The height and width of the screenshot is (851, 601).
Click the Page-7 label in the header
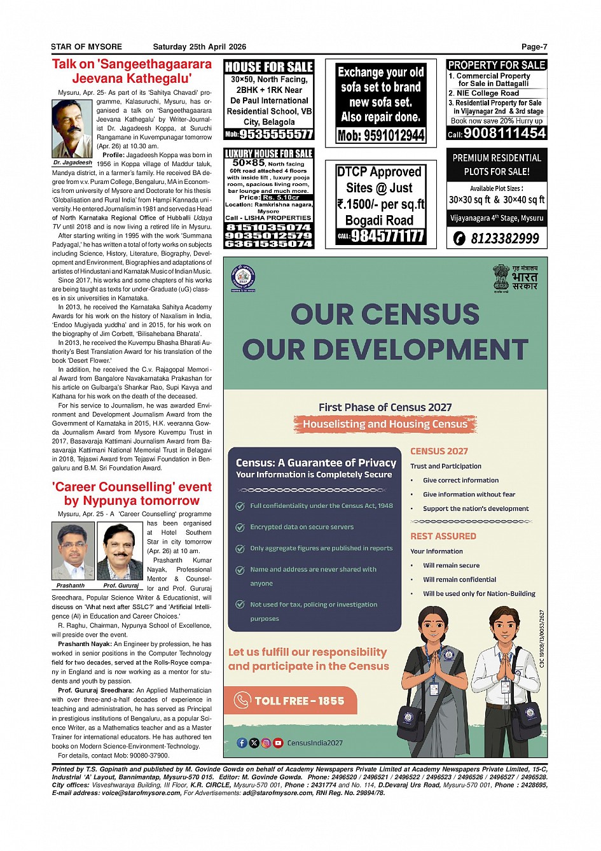pyautogui.click(x=534, y=46)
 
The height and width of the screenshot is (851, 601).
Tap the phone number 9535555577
pyautogui.click(x=276, y=134)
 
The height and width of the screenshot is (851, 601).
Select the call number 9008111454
pyautogui.click(x=504, y=133)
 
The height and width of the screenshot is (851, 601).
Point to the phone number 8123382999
pyautogui.click(x=504, y=239)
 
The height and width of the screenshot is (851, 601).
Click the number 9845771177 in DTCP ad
pyautogui.click(x=388, y=236)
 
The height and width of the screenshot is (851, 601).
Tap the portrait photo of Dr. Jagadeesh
pyautogui.click(x=72, y=129)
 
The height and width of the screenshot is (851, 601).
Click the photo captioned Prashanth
pyautogui.click(x=72, y=551)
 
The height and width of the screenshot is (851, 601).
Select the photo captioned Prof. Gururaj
pyautogui.click(x=120, y=551)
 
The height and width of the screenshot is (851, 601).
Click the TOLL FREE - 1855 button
pyautogui.click(x=294, y=701)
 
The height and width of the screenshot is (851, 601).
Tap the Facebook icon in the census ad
pyautogui.click(x=242, y=743)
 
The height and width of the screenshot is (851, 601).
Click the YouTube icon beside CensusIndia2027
pyautogui.click(x=278, y=743)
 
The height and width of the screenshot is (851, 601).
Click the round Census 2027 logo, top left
pyautogui.click(x=243, y=278)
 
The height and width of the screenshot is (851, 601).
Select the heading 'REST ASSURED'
pyautogui.click(x=443, y=536)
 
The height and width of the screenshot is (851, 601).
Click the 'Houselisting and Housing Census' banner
pyautogui.click(x=385, y=424)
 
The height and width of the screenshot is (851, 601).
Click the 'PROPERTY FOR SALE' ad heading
pyautogui.click(x=497, y=65)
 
